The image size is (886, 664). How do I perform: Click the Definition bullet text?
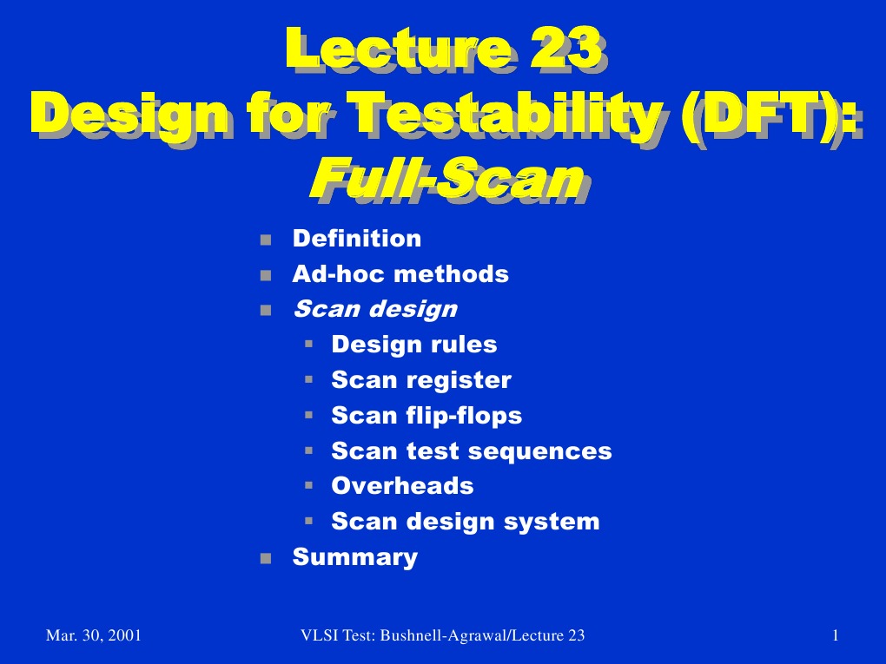(x=357, y=239)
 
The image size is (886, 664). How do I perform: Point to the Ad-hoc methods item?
(x=400, y=274)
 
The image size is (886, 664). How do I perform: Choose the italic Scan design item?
(x=374, y=309)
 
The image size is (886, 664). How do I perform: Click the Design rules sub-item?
(x=414, y=345)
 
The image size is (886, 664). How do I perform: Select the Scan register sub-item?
(x=421, y=380)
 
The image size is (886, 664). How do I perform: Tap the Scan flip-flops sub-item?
(x=426, y=416)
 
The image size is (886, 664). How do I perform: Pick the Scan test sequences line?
(x=472, y=451)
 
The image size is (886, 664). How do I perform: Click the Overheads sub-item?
(x=402, y=486)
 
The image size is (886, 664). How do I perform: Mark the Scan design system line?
(x=466, y=522)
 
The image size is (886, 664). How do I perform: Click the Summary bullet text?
(x=354, y=557)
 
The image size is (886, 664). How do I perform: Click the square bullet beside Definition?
(x=266, y=240)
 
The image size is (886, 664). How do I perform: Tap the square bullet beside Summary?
(x=266, y=558)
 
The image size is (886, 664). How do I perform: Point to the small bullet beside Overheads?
(x=308, y=486)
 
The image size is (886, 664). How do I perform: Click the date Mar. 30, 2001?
(x=93, y=636)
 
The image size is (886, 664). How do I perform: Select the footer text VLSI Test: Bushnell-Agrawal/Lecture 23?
(x=442, y=636)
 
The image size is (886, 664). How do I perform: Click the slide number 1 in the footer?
(x=834, y=636)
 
